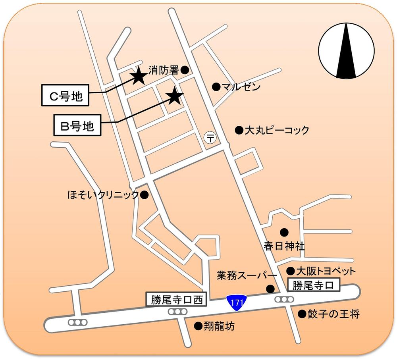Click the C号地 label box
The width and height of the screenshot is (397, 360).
(66, 96)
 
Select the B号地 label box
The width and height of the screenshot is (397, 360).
(77, 126)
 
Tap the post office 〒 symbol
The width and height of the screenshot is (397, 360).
(210, 138)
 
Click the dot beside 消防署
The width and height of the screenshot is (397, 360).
(185, 70)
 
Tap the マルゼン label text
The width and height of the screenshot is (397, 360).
(241, 87)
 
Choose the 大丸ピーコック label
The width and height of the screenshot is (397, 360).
(276, 130)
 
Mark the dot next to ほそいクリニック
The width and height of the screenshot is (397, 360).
(145, 195)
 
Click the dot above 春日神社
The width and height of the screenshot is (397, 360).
(283, 232)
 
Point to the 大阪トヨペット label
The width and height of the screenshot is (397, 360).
(326, 271)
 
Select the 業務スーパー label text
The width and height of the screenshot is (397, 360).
(247, 275)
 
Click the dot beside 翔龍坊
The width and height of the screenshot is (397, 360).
(197, 326)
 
